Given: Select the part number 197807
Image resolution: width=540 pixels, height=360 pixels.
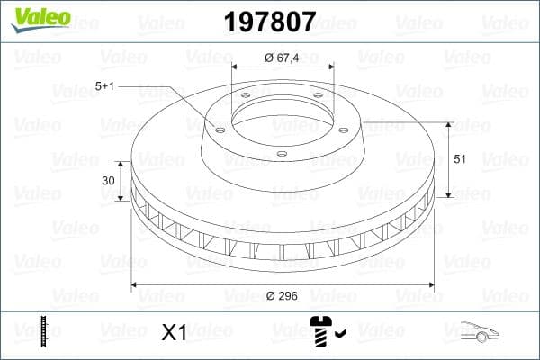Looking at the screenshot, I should pos(269,19).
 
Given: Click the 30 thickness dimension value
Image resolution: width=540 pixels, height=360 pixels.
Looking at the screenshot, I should pos(108,180).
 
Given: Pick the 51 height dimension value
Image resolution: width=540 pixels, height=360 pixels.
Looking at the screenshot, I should pos(459,158).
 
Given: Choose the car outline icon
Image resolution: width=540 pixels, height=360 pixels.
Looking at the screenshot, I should pos(480,333).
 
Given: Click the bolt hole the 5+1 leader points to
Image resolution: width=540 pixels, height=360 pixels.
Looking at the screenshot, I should pos(218,128).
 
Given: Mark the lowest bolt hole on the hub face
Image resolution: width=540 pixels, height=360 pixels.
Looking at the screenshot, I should pos(281,154).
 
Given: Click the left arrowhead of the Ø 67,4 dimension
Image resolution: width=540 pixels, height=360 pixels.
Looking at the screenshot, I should pos(235,67).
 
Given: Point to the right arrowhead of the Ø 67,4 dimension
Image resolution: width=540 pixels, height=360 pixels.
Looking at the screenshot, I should pos(331,67).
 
